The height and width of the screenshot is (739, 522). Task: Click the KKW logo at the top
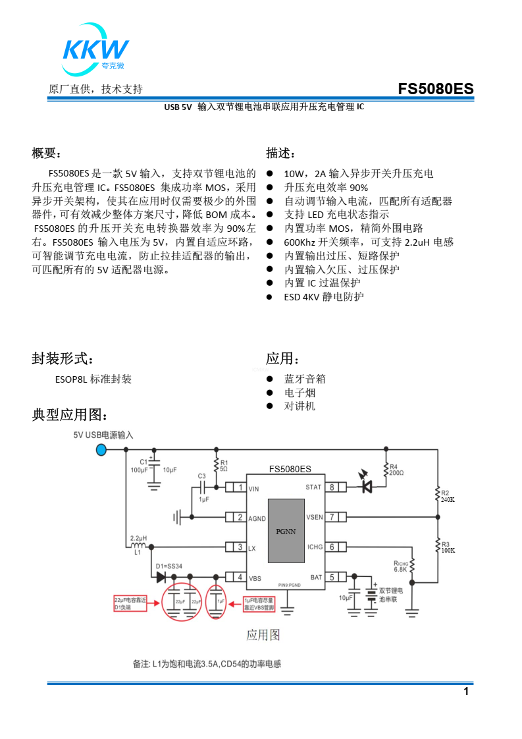pyautogui.click(x=95, y=51)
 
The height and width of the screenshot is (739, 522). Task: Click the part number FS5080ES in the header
pyautogui.click(x=435, y=89)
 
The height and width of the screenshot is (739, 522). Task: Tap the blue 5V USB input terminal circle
pyautogui.click(x=101, y=450)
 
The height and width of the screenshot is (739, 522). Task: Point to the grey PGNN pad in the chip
pyautogui.click(x=286, y=530)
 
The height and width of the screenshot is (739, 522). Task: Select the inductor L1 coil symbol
pyautogui.click(x=138, y=546)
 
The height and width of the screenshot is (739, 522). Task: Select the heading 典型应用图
pyautogui.click(x=70, y=415)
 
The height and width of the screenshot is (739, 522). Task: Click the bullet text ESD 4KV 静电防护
pyautogui.click(x=323, y=296)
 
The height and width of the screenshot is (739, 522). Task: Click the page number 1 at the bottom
pyautogui.click(x=466, y=691)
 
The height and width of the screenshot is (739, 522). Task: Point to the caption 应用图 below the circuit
pyautogui.click(x=263, y=635)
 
